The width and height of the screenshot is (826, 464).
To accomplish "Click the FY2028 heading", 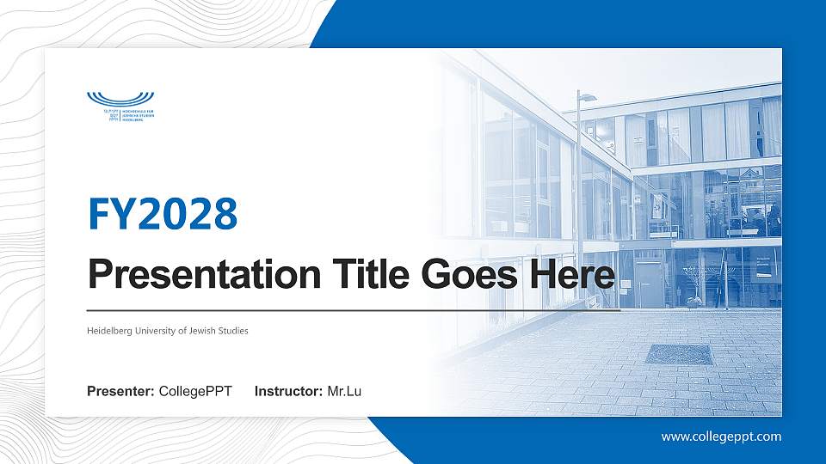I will (x=163, y=215).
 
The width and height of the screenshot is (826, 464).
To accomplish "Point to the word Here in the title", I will (x=577, y=275).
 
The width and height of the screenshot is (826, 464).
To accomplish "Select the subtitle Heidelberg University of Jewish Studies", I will (x=168, y=331).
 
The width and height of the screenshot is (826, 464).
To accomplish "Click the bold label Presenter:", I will (x=120, y=392).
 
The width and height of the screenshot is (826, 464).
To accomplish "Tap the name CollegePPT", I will (x=195, y=392).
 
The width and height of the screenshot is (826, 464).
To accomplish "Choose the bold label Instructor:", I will (x=289, y=392).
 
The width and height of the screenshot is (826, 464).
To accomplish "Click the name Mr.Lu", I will (x=344, y=392).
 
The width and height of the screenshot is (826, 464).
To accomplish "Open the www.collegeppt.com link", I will (x=721, y=437).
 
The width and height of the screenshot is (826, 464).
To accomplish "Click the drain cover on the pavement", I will (x=679, y=354).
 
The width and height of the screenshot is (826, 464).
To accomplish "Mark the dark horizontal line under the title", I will (x=353, y=310).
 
